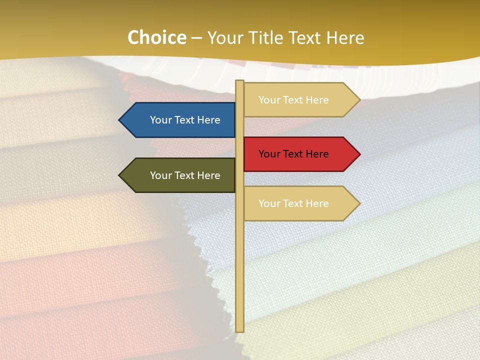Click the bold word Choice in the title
(x=156, y=37)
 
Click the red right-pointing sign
(x=297, y=154)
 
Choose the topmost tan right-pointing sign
(x=297, y=100)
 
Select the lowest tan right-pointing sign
(x=297, y=203)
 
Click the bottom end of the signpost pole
(x=240, y=329)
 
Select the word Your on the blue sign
(x=160, y=120)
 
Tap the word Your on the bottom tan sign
(x=269, y=203)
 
